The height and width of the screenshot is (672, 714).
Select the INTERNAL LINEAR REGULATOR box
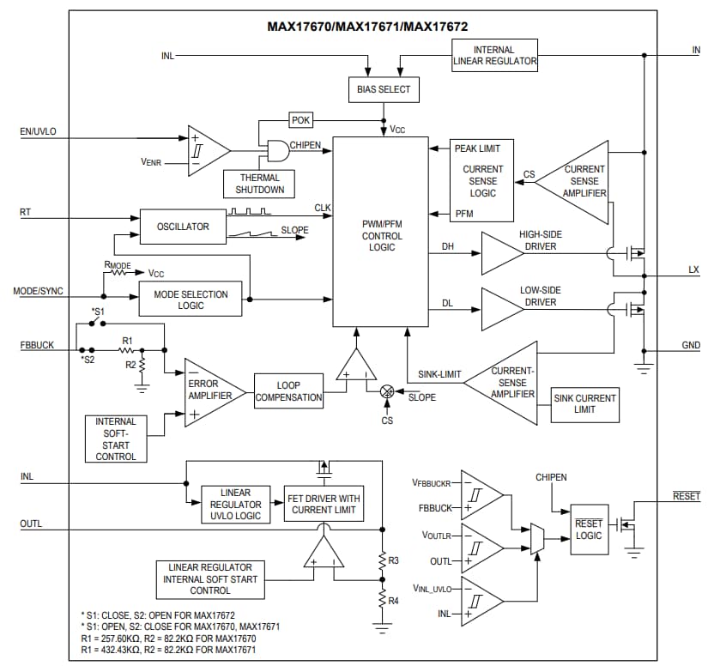click(x=494, y=55)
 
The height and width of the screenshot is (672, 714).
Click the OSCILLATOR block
click(x=183, y=227)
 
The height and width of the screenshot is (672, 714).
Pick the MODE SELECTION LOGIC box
click(x=191, y=300)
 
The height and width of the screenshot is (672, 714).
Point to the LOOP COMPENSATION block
click(x=288, y=391)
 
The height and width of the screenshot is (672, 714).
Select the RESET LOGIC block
click(x=589, y=530)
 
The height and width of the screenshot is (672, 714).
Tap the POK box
click(x=301, y=120)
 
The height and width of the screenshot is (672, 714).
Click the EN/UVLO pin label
click(x=38, y=133)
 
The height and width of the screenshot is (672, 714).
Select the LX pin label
click(x=693, y=270)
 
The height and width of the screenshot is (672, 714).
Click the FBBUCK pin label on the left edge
click(x=37, y=345)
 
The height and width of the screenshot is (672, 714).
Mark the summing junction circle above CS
click(x=386, y=391)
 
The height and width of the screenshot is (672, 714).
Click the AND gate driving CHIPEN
click(x=275, y=151)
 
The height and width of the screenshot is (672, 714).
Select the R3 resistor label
click(x=393, y=560)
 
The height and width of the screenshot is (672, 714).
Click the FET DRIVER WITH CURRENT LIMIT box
click(x=323, y=505)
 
